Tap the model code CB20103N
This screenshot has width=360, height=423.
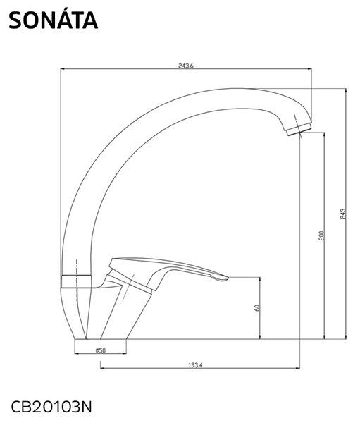coord(51,407)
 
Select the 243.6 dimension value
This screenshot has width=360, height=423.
coord(186,66)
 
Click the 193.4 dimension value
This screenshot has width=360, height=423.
coord(195,365)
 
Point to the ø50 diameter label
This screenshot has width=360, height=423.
coord(101,350)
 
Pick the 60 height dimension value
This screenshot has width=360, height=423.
coord(257,308)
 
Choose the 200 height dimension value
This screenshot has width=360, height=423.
coord(321,235)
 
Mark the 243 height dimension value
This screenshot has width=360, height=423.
coord(343,214)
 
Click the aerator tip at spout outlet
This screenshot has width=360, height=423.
coord(299,130)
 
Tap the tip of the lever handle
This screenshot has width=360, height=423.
coord(228,277)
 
